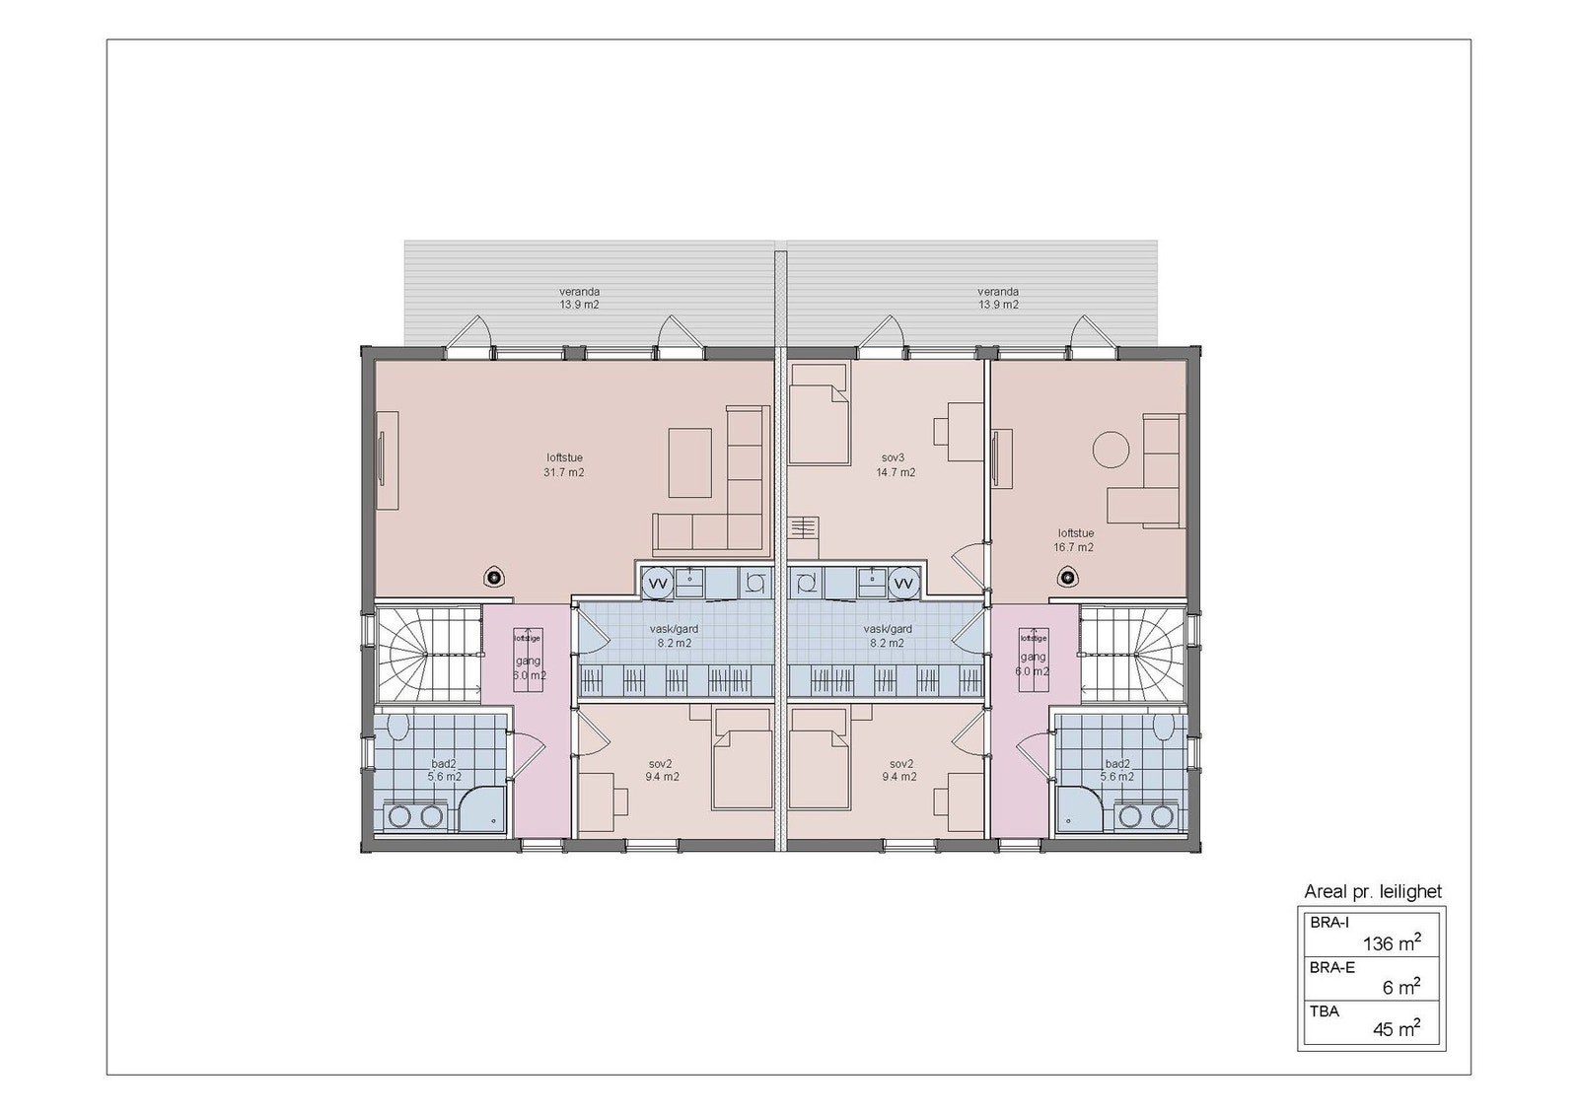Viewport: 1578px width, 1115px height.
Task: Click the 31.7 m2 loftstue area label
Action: tap(564, 465)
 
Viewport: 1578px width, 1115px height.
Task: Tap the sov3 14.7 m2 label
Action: tap(896, 465)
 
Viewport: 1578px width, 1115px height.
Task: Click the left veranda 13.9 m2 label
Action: tap(579, 299)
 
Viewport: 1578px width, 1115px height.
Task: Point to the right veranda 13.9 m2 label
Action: tap(998, 299)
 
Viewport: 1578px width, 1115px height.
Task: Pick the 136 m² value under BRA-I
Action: tap(1391, 943)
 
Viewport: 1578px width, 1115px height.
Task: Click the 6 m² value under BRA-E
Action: tap(1400, 987)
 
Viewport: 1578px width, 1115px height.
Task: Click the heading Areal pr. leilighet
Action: tap(1373, 891)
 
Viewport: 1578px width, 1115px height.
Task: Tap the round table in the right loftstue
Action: tap(1112, 450)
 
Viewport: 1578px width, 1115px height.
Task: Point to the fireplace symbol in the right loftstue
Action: tap(1066, 578)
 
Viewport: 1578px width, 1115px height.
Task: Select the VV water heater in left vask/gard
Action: tap(658, 585)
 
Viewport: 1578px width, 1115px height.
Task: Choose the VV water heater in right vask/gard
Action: tap(902, 585)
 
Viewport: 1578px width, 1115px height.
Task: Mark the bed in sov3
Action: tap(819, 414)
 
